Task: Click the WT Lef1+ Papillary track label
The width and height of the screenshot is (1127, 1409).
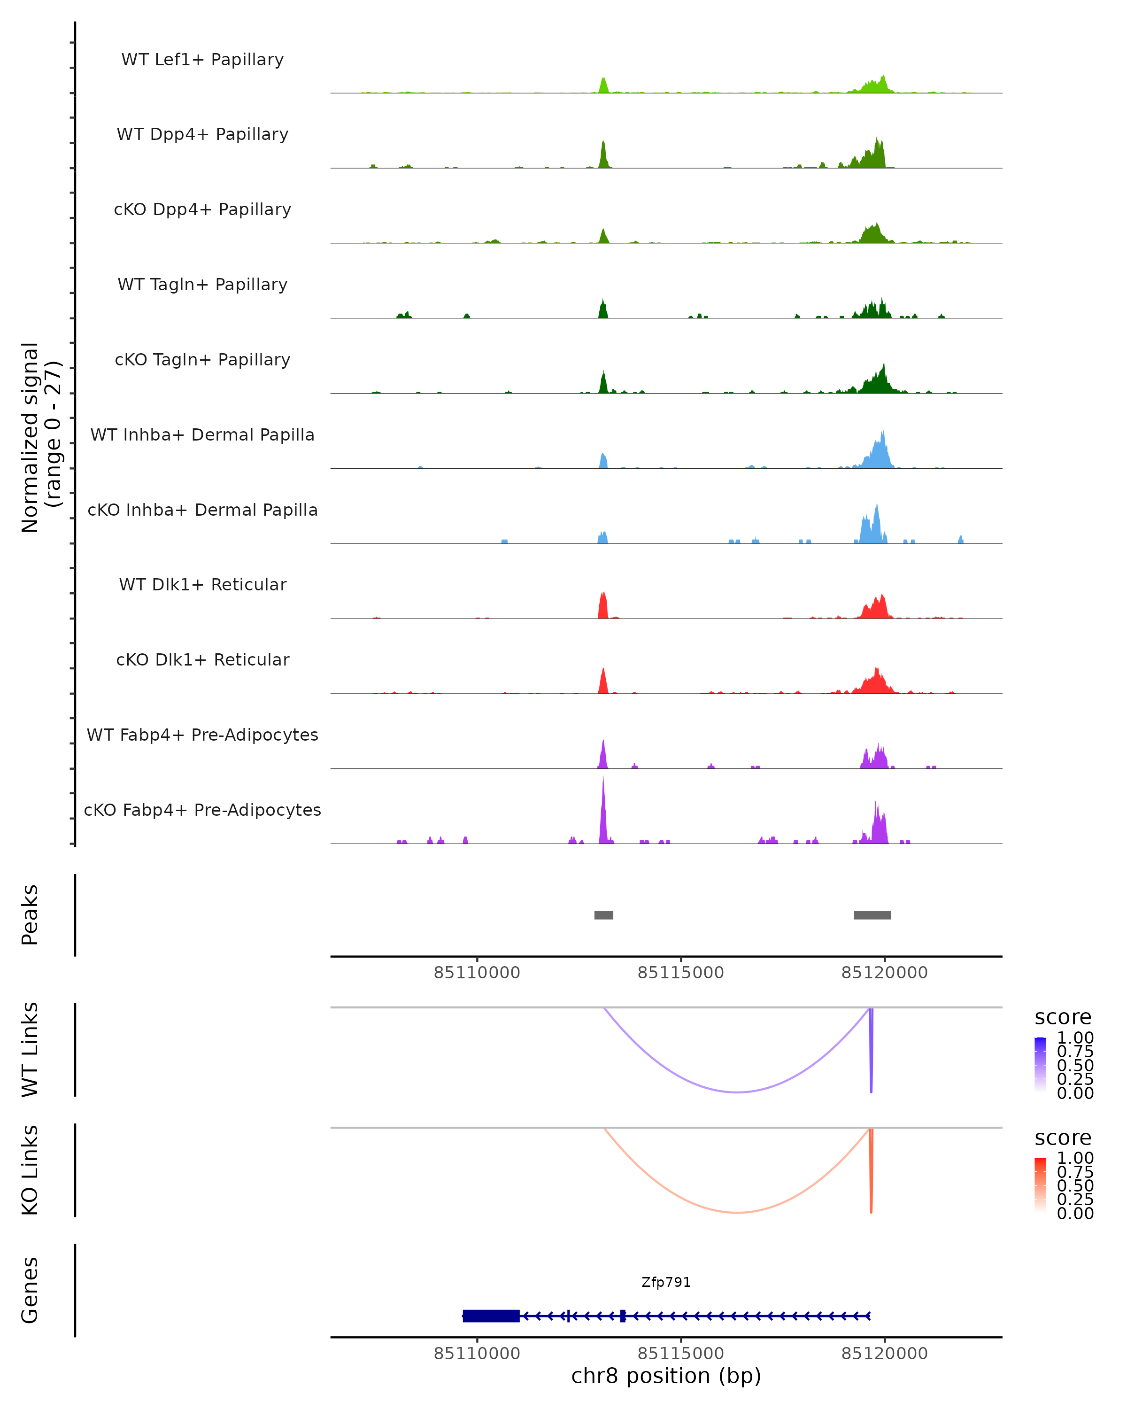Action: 202,60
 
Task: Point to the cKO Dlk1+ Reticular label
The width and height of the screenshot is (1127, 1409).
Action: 202,659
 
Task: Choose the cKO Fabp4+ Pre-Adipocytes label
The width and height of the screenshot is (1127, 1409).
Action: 202,810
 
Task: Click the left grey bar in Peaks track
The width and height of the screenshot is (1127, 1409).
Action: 604,915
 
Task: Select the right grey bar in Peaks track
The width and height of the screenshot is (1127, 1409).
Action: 872,915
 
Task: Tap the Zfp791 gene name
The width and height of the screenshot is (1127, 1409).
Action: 666,1282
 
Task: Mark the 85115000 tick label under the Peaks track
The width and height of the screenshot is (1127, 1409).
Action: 681,973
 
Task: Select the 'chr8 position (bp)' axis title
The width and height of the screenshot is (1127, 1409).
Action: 666,1376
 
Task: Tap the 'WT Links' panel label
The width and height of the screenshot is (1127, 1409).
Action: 30,1050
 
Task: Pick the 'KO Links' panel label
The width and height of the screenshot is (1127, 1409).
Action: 30,1170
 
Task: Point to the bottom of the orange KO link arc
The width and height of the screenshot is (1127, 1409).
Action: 737,1212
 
